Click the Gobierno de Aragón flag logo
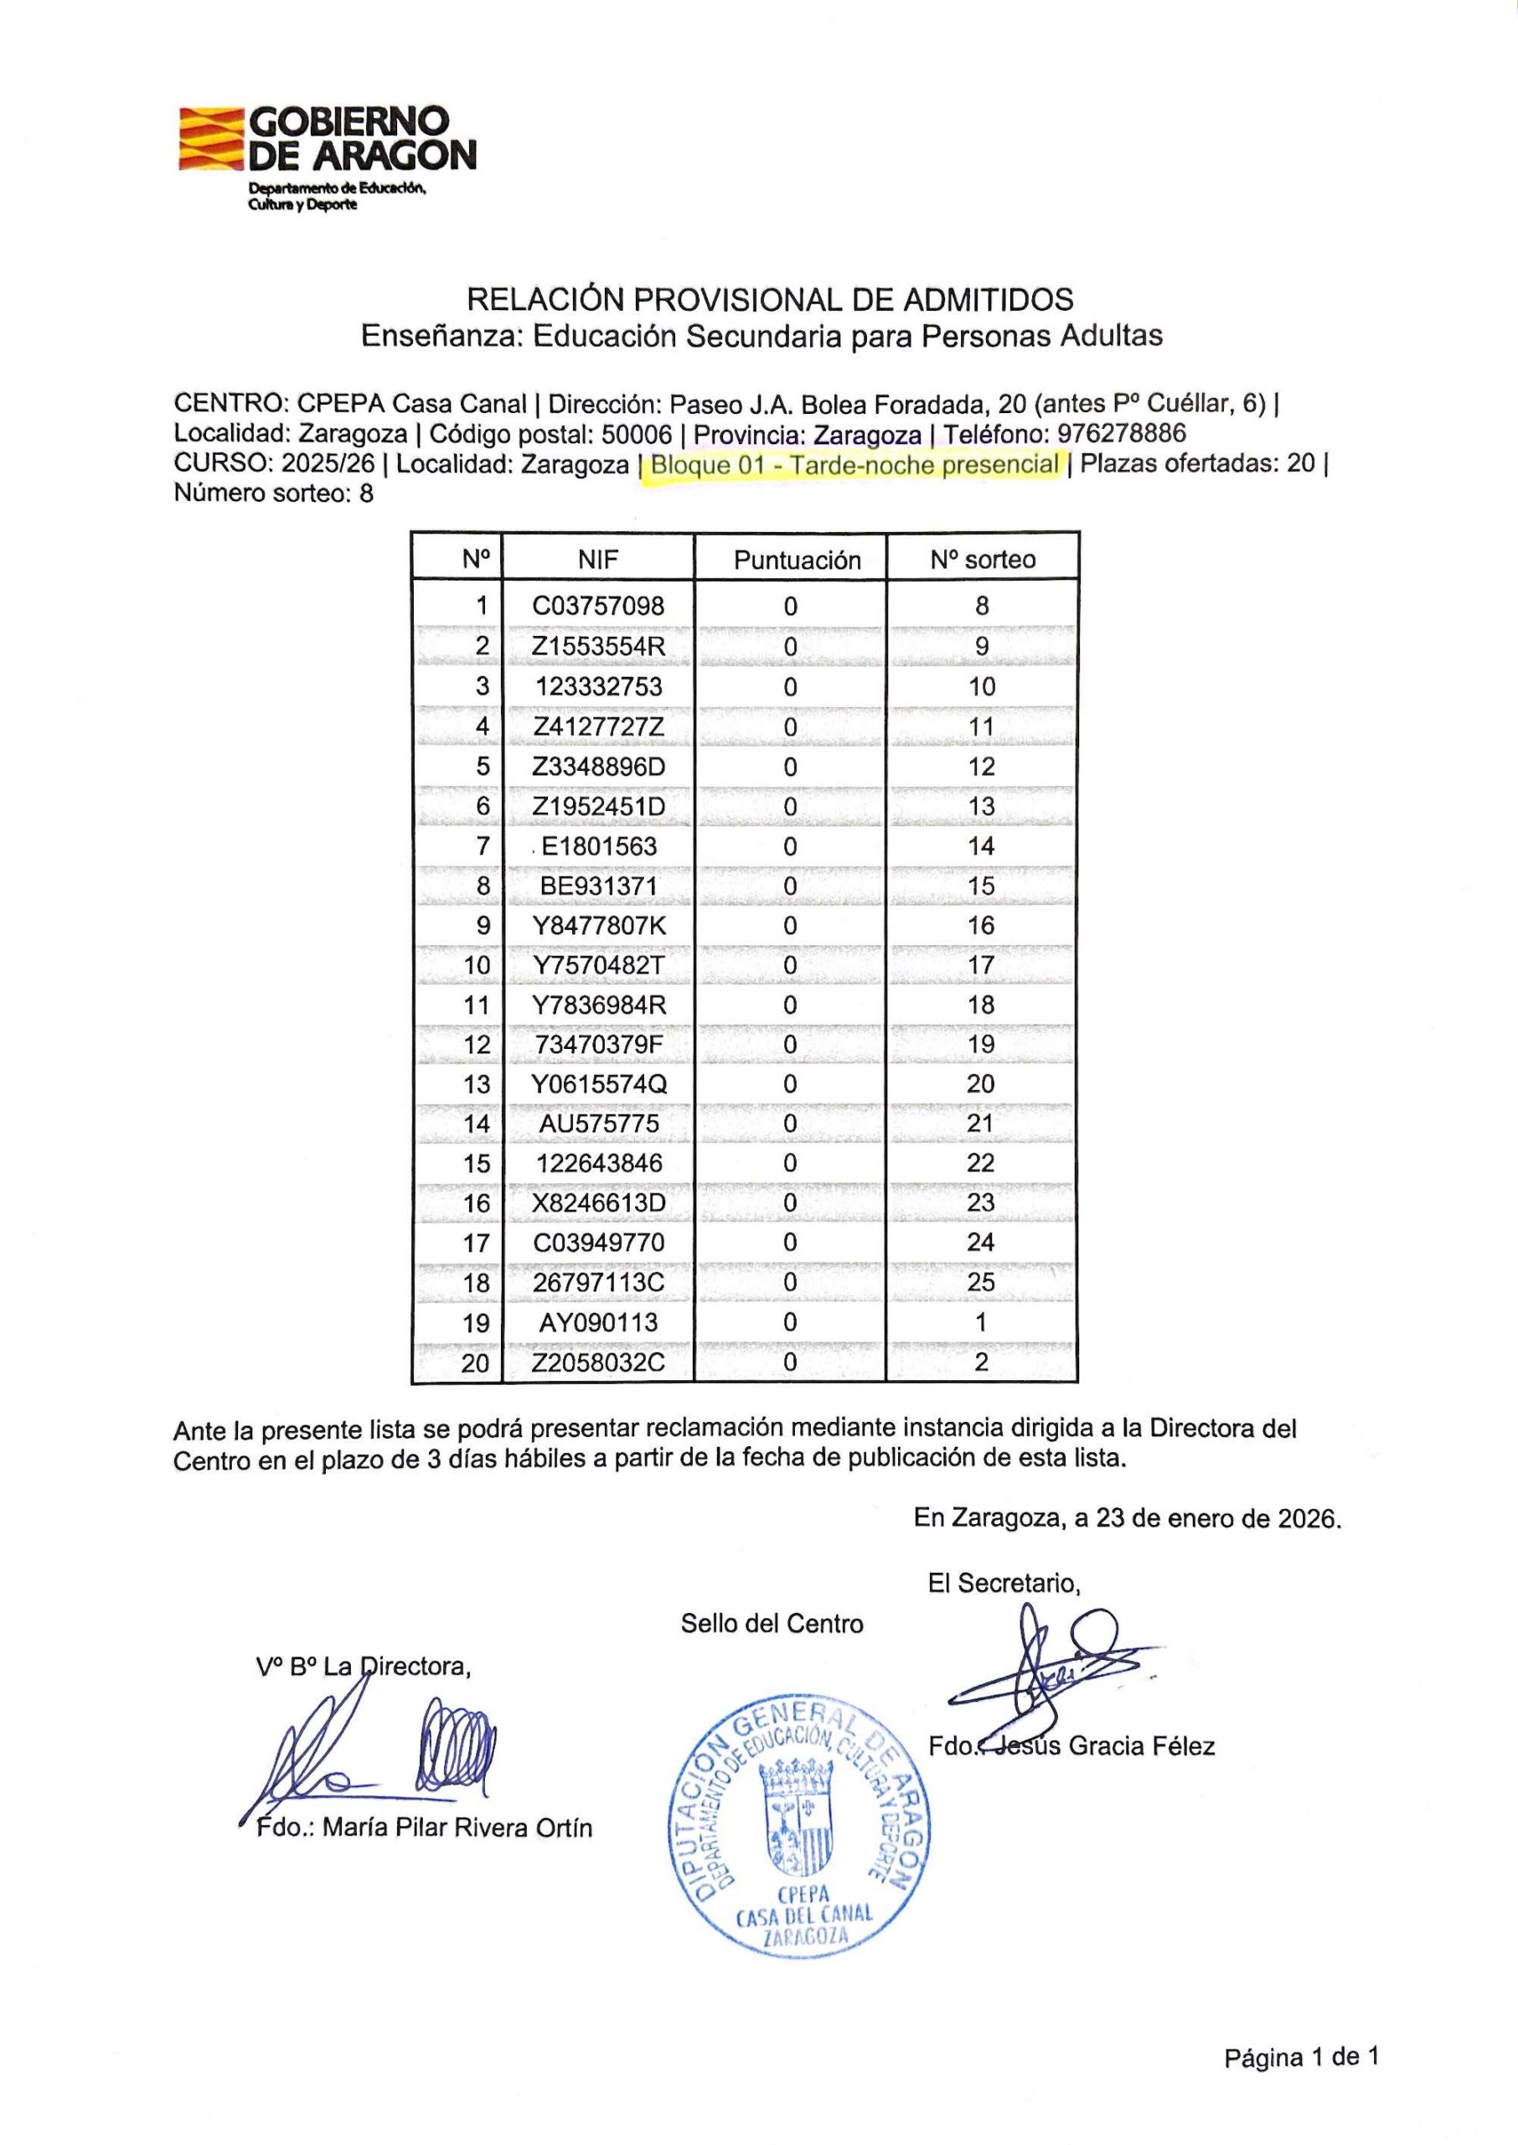coord(211,138)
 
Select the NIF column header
coord(598,559)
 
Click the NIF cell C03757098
coord(598,606)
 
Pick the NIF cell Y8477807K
coord(598,925)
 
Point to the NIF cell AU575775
coord(598,1124)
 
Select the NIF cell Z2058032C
coord(598,1362)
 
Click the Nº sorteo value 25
coord(980,1281)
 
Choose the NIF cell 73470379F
coord(598,1044)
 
